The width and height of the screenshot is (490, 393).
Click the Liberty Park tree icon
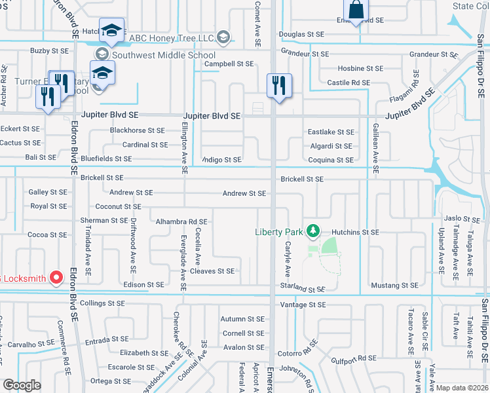(x=314, y=231)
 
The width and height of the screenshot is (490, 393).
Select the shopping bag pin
(x=356, y=10)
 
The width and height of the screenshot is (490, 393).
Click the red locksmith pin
(x=56, y=278)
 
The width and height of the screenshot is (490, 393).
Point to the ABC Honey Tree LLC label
(x=172, y=38)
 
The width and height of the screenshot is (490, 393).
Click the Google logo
(x=22, y=385)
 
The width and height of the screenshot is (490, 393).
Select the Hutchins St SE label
(x=355, y=233)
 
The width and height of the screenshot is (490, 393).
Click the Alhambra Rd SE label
(x=181, y=222)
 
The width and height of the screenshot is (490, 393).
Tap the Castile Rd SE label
(x=349, y=83)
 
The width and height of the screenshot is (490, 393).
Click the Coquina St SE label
(x=331, y=160)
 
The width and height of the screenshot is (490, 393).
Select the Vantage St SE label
(x=303, y=305)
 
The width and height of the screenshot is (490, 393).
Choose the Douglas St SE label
(x=301, y=33)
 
